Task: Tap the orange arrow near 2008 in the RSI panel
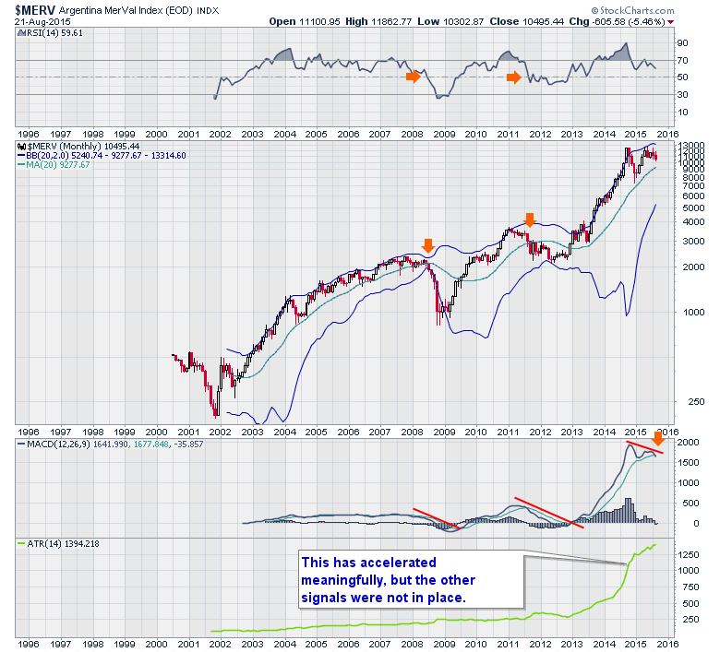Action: pos(413,77)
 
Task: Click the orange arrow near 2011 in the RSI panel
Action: pos(513,77)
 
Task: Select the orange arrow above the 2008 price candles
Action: pos(427,244)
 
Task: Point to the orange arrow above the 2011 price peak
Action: pos(530,219)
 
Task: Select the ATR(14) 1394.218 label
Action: pos(54,544)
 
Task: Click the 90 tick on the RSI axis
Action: pos(682,42)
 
